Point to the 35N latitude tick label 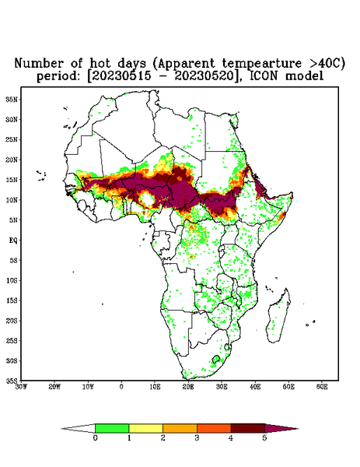(12, 100)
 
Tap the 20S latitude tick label (12, 321)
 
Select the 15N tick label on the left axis (12, 180)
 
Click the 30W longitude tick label (21, 387)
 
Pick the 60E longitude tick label (322, 387)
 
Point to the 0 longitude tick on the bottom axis (121, 387)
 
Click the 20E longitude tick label (188, 387)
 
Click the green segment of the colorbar (112, 428)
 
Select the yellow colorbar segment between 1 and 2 (145, 428)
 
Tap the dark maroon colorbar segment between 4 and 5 (248, 428)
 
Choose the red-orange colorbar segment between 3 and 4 (214, 428)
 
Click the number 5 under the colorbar (264, 438)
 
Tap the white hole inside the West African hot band (147, 199)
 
